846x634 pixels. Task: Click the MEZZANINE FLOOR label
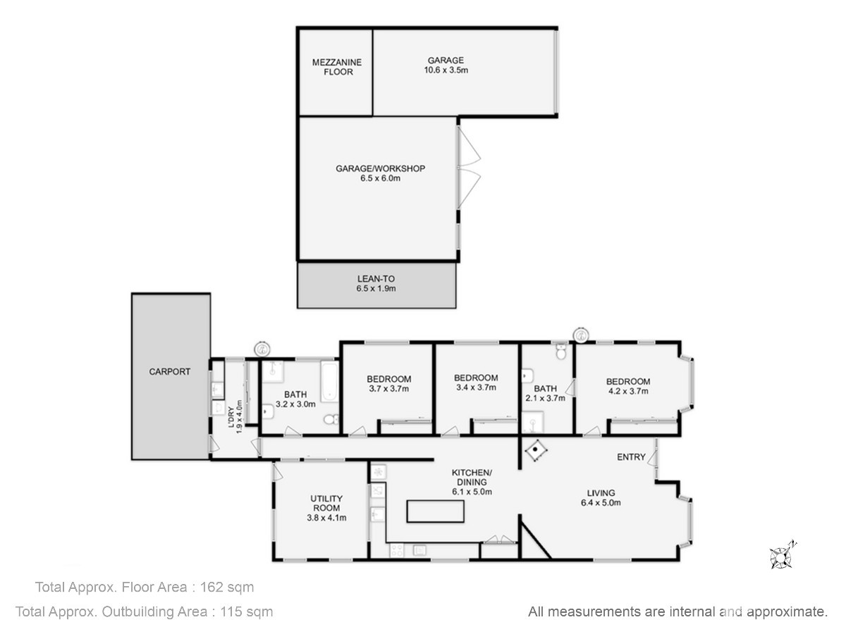(337, 67)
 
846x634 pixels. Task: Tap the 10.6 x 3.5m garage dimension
(446, 70)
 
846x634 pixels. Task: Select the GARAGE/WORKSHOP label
(380, 168)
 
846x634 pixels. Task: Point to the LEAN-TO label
(376, 279)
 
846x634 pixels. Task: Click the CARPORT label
(170, 371)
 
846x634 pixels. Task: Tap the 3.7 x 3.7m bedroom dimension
(388, 389)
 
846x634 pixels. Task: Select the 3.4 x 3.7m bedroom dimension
(476, 387)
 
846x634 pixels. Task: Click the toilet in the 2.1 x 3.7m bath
(561, 352)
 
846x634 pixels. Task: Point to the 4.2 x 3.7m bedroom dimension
(628, 391)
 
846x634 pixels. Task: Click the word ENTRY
(631, 457)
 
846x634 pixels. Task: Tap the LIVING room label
(601, 492)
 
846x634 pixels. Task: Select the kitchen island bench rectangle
(436, 511)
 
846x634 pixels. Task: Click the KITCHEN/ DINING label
(472, 477)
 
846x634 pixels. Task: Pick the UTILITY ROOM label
(326, 503)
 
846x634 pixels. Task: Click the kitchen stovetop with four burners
(397, 550)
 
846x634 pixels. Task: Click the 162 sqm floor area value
(226, 587)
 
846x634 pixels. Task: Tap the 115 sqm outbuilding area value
(246, 611)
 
